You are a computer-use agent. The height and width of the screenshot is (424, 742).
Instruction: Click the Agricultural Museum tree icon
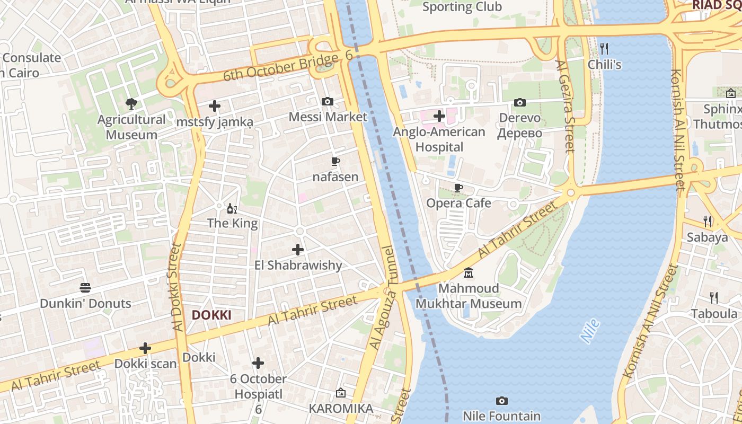[131, 103]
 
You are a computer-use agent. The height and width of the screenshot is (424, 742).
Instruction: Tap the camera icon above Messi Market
[328, 101]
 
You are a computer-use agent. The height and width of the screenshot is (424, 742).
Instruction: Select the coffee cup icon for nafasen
[335, 161]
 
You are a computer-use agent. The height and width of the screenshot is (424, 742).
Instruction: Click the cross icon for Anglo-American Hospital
[439, 116]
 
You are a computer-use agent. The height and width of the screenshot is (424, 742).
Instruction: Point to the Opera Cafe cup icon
[458, 188]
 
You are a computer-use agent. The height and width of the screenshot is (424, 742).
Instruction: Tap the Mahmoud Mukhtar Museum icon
[469, 273]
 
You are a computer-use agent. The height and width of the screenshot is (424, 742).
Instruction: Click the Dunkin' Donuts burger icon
[85, 288]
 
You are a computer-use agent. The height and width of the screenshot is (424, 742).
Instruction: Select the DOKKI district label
[211, 315]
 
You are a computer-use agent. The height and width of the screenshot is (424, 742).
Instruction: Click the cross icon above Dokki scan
[145, 348]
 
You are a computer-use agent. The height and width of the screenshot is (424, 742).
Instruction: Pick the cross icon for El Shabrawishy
[298, 249]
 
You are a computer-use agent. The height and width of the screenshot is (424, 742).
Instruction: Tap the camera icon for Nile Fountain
[501, 401]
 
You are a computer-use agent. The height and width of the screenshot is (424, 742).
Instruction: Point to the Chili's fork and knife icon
[604, 49]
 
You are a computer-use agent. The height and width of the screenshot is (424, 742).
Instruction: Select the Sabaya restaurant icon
[707, 221]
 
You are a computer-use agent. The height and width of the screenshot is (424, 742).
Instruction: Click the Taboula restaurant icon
[714, 298]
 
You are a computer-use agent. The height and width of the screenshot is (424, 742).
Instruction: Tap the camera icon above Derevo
[520, 102]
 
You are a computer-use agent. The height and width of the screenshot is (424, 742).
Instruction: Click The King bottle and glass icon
[232, 208]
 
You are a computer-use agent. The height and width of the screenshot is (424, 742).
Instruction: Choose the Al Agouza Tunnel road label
[383, 298]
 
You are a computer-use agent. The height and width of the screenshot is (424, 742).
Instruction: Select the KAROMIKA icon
[341, 393]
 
